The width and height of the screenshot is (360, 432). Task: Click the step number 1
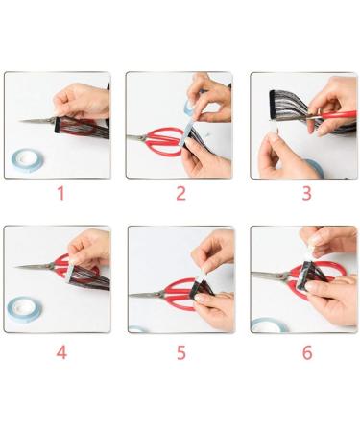pyautogui.click(x=60, y=193)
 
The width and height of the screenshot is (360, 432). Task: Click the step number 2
pyautogui.click(x=181, y=193)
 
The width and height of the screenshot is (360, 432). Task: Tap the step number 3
pyautogui.click(x=306, y=193)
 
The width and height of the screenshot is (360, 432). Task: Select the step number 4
pyautogui.click(x=61, y=352)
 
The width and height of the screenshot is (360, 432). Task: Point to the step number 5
pyautogui.click(x=181, y=352)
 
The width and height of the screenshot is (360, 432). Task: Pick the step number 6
pyautogui.click(x=307, y=352)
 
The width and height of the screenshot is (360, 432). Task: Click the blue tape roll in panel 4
pyautogui.click(x=24, y=309)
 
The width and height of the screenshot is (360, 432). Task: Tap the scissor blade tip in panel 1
pyautogui.click(x=19, y=121)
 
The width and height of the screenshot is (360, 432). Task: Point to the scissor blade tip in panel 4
pyautogui.click(x=14, y=266)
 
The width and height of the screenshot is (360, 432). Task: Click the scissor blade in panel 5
pyautogui.click(x=147, y=295)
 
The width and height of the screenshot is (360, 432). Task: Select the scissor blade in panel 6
pyautogui.click(x=270, y=276)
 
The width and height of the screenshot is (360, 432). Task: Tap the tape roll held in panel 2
pyautogui.click(x=189, y=107)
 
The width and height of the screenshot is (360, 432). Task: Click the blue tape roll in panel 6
pyautogui.click(x=270, y=325)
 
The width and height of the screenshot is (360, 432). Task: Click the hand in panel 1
pyautogui.click(x=83, y=101)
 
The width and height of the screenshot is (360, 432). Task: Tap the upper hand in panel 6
pyautogui.click(x=328, y=241)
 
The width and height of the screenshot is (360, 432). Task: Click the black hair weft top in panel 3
pyautogui.click(x=273, y=104)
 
